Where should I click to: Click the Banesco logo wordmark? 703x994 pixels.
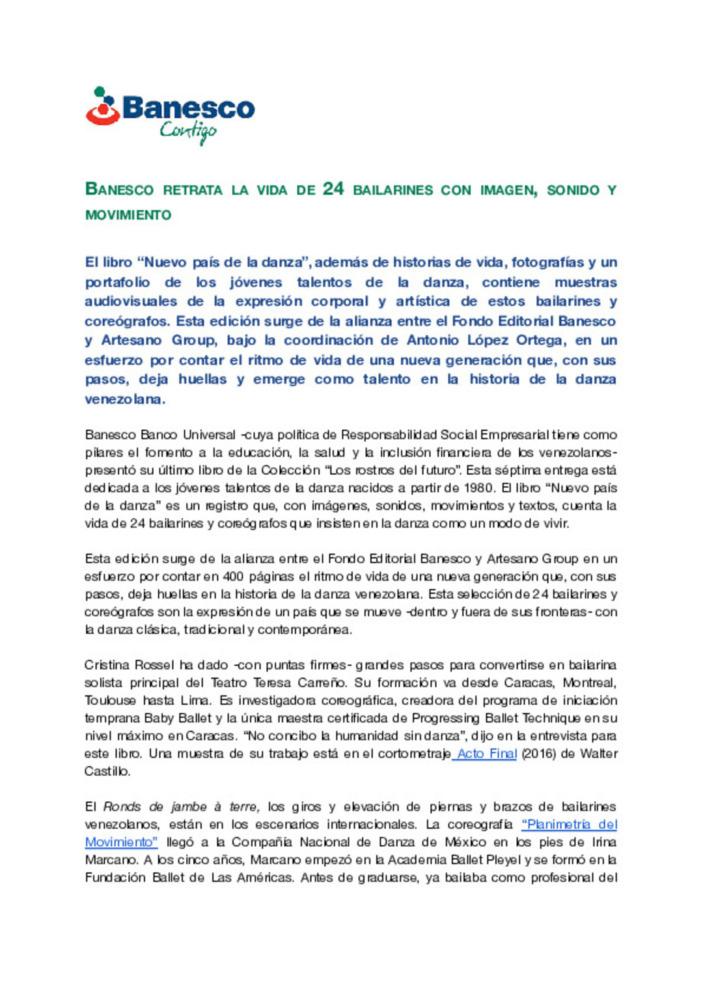click(x=189, y=107)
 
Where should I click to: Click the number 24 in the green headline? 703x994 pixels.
click(x=333, y=189)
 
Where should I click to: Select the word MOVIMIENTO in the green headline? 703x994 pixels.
click(x=128, y=215)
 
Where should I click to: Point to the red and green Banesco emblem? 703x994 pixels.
click(x=102, y=106)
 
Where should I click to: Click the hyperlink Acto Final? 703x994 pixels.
click(x=486, y=754)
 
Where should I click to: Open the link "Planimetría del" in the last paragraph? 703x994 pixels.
click(x=570, y=825)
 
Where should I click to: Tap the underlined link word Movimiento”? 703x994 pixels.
click(x=121, y=842)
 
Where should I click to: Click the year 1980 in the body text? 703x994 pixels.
click(x=478, y=488)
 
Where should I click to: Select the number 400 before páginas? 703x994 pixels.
click(x=233, y=576)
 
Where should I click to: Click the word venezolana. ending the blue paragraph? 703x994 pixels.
click(x=125, y=399)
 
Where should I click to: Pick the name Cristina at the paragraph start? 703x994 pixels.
click(x=107, y=665)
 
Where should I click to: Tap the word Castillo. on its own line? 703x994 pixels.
click(x=107, y=771)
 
